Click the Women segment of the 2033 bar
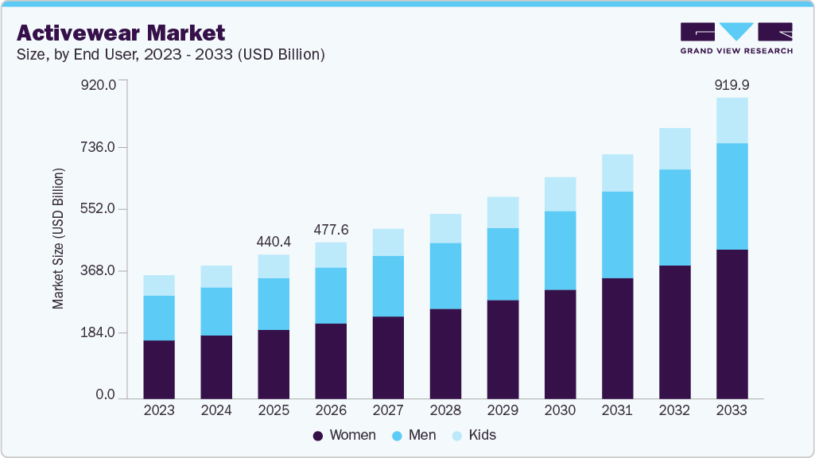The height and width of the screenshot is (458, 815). point(732,324)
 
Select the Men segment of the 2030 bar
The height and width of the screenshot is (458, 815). point(560,250)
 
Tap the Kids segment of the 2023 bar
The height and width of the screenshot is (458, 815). point(159,285)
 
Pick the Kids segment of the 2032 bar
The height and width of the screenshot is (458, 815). point(674,149)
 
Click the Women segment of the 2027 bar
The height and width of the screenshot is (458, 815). point(388,357)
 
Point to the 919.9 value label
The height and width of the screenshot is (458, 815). point(732,84)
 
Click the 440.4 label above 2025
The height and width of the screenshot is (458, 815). point(274,241)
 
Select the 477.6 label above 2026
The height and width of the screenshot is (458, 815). point(331,229)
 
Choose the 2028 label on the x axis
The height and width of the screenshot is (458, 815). point(445,410)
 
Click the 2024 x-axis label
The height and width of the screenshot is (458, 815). point(216,410)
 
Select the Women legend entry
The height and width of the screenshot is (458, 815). point(344,435)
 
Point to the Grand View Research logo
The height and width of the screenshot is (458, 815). point(735,38)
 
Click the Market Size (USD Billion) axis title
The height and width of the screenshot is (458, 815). point(58,239)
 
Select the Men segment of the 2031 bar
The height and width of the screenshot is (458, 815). point(617,235)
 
